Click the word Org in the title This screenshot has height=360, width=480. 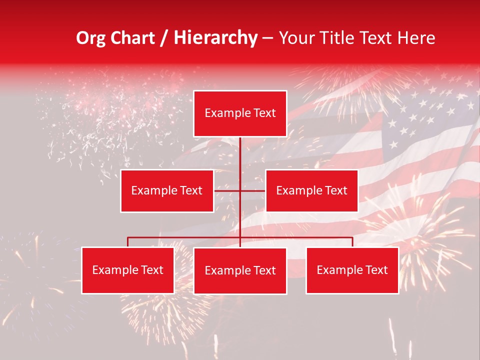[91, 38]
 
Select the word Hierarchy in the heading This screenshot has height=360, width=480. [215, 38]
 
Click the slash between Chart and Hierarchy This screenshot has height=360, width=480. [164, 38]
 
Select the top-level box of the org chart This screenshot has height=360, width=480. [240, 113]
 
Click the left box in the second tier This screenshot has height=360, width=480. [166, 190]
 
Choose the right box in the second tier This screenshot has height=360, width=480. [311, 190]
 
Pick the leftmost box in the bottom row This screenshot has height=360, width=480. [127, 270]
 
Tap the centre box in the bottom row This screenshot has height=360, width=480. [240, 270]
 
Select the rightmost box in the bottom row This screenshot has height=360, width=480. [352, 270]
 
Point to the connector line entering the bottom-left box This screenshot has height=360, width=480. [128, 242]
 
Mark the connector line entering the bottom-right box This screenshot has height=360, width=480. [352, 242]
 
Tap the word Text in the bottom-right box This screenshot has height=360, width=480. [376, 270]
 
